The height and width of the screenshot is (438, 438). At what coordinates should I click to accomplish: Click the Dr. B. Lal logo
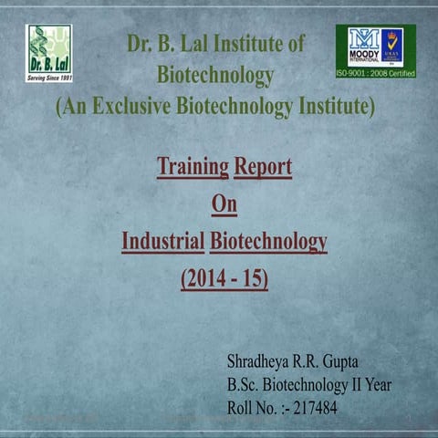(x=48, y=50)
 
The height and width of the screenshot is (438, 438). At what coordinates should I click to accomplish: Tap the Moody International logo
(x=375, y=45)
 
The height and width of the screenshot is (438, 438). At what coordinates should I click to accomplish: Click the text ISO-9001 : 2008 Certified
(x=375, y=70)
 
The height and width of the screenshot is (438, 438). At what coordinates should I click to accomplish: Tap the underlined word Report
(x=263, y=167)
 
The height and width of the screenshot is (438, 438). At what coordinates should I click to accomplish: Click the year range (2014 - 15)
(x=224, y=277)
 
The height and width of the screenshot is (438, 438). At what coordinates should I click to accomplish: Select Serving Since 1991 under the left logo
(x=48, y=78)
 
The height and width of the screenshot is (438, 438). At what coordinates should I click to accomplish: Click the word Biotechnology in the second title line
(x=214, y=74)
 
